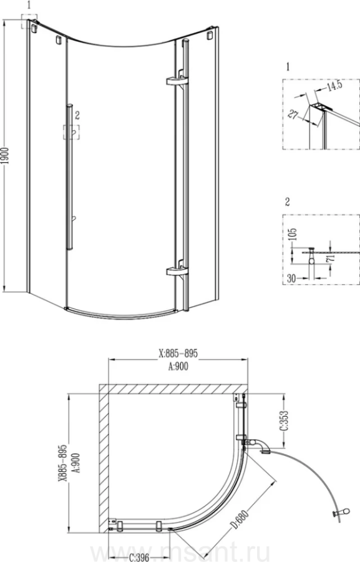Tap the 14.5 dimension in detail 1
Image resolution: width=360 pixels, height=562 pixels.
tap(334, 86)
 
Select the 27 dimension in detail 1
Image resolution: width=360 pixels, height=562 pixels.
tap(294, 114)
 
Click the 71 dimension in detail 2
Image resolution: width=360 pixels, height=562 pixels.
tap(331, 257)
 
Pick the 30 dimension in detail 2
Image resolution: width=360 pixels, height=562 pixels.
tap(292, 278)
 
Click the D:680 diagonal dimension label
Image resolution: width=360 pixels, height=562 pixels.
tap(239, 520)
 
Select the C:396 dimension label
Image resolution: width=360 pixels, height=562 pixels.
tap(139, 558)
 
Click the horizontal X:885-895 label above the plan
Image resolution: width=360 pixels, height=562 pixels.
tap(178, 353)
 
